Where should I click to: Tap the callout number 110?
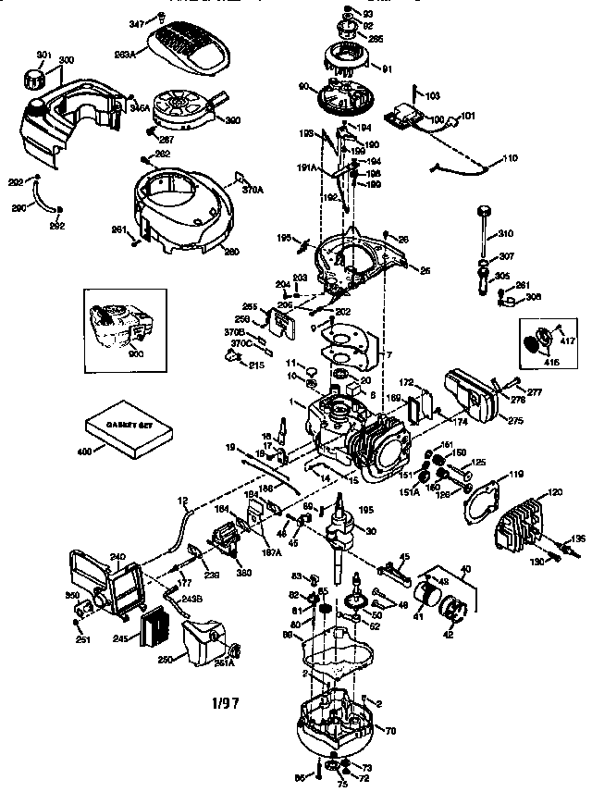(x=510, y=160)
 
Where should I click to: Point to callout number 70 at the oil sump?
(x=389, y=731)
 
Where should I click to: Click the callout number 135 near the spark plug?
(x=577, y=538)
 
